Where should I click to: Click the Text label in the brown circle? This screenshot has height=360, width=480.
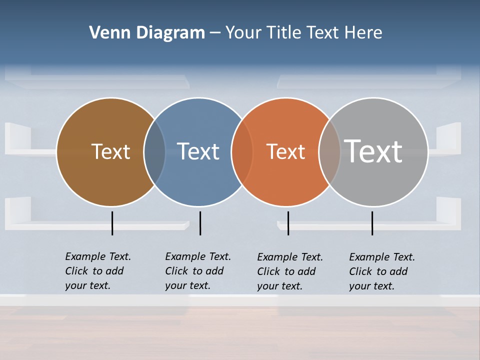click(110, 151)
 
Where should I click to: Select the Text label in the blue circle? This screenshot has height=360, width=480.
click(198, 151)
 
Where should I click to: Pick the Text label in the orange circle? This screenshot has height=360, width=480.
click(285, 151)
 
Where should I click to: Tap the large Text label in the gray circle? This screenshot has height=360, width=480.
click(373, 151)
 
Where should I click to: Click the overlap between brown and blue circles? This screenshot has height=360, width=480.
click(154, 152)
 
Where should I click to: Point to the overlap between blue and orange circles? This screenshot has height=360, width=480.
click(242, 152)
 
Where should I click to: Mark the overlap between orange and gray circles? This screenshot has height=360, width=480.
click(329, 152)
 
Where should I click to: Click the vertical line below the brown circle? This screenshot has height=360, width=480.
click(112, 223)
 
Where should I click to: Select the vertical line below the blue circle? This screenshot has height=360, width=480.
click(200, 223)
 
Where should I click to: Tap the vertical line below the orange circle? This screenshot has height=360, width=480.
click(288, 223)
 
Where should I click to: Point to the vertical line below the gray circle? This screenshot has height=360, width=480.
click(372, 223)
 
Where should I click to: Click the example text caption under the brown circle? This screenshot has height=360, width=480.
click(97, 271)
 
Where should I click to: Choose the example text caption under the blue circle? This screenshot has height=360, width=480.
click(197, 271)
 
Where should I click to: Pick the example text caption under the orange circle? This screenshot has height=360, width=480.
click(289, 271)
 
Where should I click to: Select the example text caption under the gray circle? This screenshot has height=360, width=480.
click(381, 271)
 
